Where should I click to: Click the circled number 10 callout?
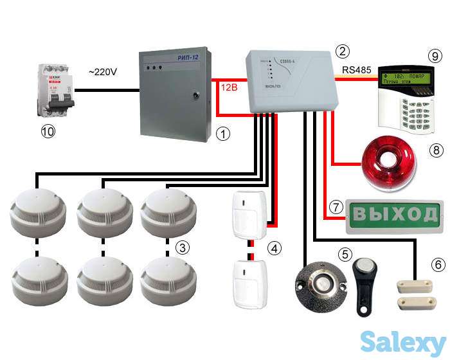(48, 132)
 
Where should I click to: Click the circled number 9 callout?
(435, 55)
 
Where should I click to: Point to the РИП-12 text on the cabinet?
(192, 59)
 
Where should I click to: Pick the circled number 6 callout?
(438, 264)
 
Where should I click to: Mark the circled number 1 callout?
(222, 135)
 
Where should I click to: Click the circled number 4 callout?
(274, 248)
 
